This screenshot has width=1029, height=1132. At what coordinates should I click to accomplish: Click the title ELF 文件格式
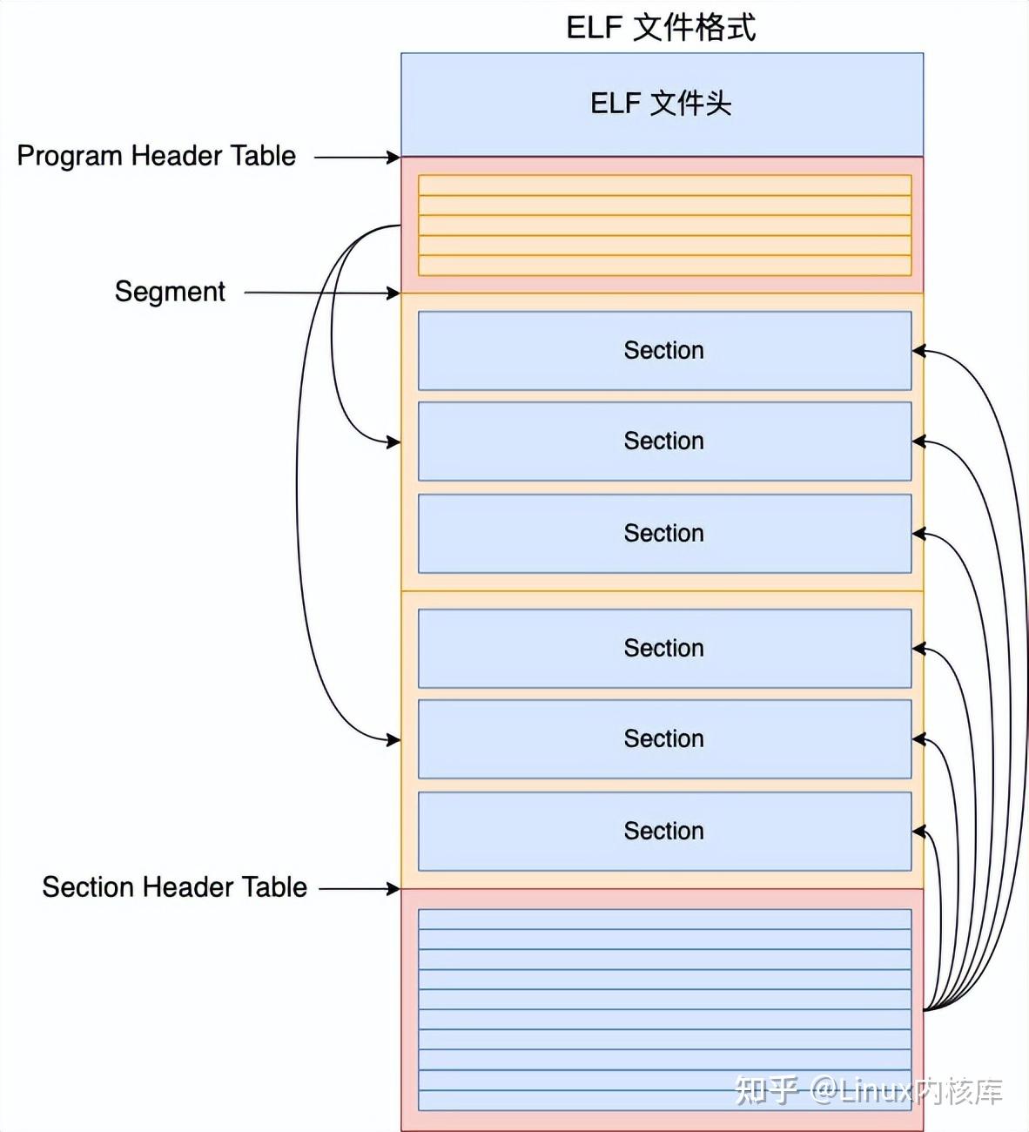click(661, 28)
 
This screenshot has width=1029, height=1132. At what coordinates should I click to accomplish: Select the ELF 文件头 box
click(662, 104)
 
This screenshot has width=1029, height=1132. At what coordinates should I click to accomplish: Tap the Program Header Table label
click(157, 157)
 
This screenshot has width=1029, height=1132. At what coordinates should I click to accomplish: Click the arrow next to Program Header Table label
click(357, 158)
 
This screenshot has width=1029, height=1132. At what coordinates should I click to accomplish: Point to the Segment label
click(170, 292)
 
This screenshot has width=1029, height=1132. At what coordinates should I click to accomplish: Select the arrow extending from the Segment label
click(322, 293)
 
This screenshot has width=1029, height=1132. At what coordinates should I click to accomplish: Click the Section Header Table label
click(174, 886)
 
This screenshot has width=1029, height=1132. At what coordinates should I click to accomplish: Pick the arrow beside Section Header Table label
click(360, 889)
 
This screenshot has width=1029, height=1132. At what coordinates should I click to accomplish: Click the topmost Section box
click(664, 350)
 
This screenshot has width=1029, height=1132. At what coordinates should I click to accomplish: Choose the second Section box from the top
click(664, 441)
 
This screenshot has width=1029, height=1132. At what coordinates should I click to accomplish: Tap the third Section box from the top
click(664, 533)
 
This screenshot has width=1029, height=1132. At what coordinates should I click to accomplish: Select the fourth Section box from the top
click(664, 649)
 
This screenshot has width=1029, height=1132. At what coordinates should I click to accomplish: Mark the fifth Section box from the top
click(664, 739)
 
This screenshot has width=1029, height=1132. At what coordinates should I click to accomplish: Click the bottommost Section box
click(664, 832)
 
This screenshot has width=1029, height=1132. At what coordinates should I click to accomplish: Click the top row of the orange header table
click(664, 185)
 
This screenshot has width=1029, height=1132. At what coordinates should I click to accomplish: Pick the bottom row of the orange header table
click(664, 266)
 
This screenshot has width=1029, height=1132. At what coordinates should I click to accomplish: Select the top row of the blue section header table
click(664, 919)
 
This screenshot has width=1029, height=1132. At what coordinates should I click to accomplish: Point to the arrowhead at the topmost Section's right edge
click(918, 350)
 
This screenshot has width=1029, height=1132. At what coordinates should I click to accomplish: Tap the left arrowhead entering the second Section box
click(393, 441)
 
